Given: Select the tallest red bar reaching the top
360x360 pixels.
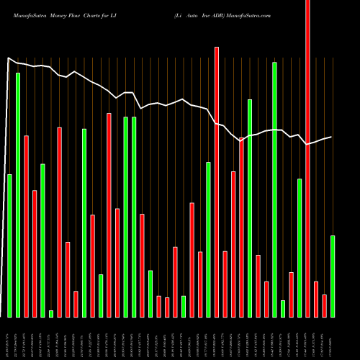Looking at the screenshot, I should (307, 158).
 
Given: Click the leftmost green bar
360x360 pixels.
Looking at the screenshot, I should (9, 246).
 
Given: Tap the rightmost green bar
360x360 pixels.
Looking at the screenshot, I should (333, 276).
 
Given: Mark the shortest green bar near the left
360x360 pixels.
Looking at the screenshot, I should (51, 313).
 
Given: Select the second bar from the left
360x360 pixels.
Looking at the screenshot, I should (18, 194).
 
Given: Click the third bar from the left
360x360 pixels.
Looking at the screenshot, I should (26, 226).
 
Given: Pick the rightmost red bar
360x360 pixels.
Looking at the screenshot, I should (324, 306).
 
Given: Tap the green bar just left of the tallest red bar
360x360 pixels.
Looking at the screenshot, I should (300, 248).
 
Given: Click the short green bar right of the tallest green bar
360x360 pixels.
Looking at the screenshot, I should (283, 308).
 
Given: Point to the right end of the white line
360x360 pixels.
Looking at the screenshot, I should (332, 137).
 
